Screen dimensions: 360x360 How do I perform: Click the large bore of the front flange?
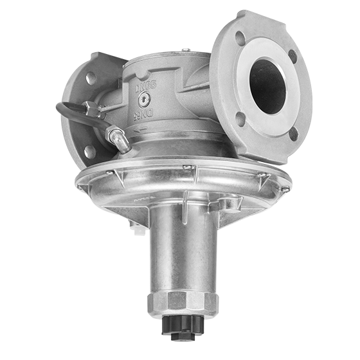coord(267,83)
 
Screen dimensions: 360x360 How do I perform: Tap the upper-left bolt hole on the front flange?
coord(240,37)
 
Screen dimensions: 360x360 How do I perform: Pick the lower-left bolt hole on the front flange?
coord(239,117)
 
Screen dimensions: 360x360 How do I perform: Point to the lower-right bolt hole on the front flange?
coord(292,134)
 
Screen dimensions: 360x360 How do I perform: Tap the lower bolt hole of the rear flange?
coord(89,151)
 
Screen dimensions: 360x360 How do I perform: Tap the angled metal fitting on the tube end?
coord(118,137)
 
